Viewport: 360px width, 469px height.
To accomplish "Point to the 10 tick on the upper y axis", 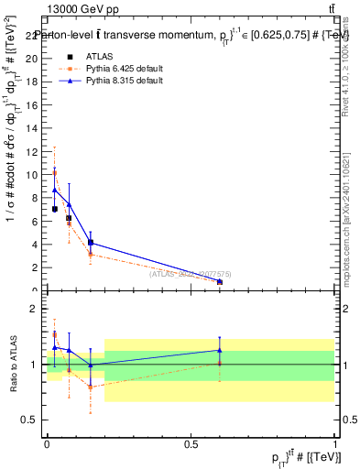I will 33,174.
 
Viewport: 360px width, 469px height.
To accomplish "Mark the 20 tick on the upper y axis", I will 33,59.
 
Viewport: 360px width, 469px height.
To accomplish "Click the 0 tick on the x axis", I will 47,443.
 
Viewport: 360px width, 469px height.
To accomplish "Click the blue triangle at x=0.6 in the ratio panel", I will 220,350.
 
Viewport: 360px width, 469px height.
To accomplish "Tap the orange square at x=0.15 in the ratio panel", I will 90,387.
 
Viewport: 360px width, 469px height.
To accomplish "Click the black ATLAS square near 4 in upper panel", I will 90,242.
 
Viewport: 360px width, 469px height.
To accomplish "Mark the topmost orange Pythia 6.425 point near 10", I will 55,172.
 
